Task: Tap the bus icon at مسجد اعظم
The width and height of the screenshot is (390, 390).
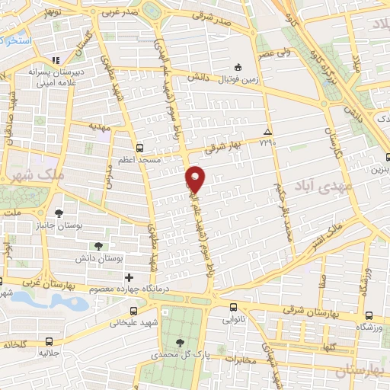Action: (x=139, y=149)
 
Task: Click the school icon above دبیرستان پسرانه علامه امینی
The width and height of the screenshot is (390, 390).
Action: (x=56, y=60)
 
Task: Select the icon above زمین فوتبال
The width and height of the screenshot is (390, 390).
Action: (x=238, y=66)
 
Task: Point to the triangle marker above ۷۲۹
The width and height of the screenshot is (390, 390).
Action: (x=267, y=131)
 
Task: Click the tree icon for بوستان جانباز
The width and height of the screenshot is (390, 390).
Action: (x=59, y=212)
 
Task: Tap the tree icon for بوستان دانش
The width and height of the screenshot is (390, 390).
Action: (x=98, y=246)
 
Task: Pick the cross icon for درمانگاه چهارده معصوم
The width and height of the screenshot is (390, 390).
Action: (x=129, y=277)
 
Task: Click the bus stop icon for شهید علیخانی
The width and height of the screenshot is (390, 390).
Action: (x=135, y=311)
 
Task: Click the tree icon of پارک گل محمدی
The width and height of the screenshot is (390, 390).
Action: (x=180, y=343)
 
